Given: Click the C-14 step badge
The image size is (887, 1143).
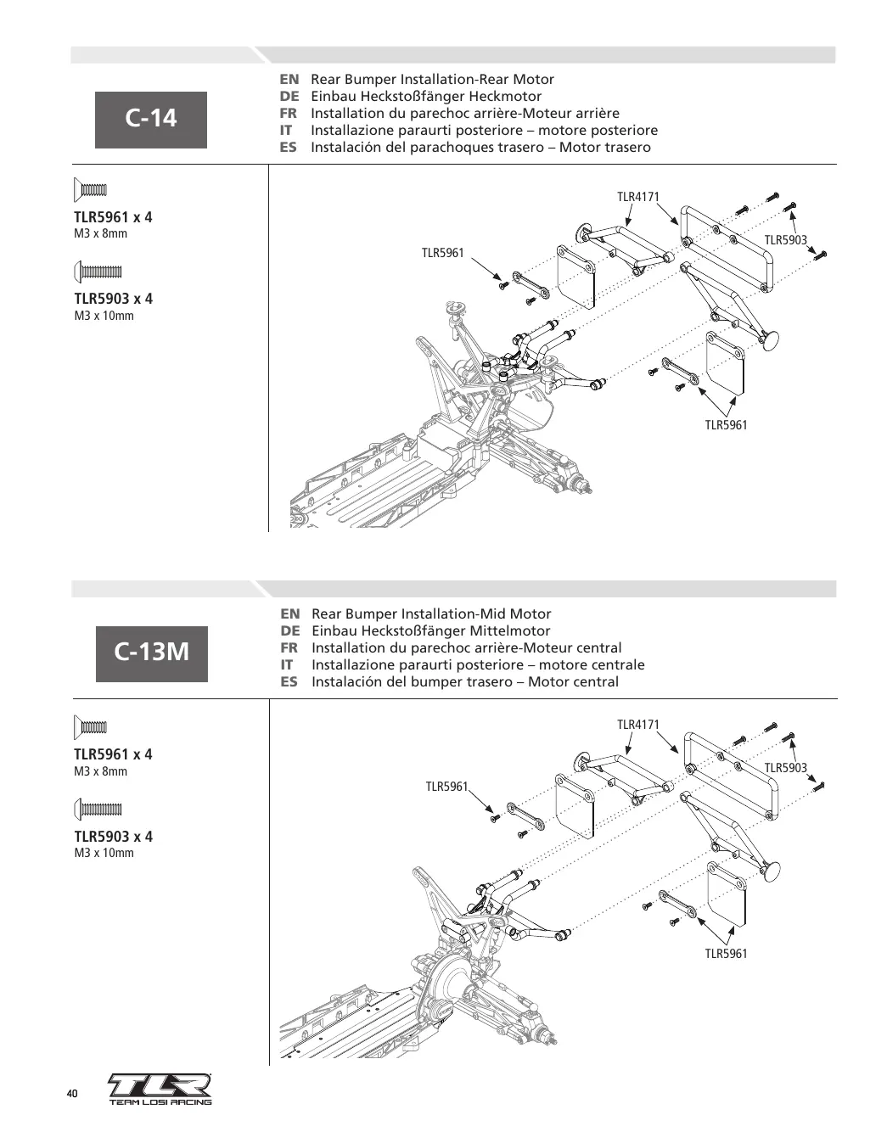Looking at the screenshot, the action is [151, 120].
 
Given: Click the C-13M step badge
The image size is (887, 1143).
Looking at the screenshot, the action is [152, 654].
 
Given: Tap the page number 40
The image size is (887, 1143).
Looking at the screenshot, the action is [72, 1094].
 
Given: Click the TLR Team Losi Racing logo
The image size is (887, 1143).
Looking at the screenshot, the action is [160, 1090].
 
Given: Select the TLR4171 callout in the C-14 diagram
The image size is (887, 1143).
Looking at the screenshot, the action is [637, 197].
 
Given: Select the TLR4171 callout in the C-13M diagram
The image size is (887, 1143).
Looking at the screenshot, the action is [637, 725].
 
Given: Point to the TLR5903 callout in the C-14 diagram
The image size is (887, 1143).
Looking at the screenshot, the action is [785, 240].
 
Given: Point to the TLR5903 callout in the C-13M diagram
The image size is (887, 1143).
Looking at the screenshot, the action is [785, 767].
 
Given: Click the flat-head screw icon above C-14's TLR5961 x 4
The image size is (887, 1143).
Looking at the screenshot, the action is [91, 190].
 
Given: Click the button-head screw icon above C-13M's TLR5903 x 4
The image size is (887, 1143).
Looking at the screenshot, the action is [98, 809].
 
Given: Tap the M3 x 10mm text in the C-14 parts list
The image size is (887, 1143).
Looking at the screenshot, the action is [104, 316].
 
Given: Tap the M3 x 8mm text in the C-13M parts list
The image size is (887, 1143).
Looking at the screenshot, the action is [100, 771].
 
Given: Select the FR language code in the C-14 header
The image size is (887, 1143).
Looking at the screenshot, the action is [289, 113].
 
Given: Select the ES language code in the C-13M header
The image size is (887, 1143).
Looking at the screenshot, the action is [289, 681].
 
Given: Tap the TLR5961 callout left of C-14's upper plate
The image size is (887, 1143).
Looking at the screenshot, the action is [442, 253].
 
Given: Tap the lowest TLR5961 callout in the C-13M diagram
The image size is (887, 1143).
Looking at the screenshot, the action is [726, 953].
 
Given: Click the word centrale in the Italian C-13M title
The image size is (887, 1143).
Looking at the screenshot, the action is [615, 665].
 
